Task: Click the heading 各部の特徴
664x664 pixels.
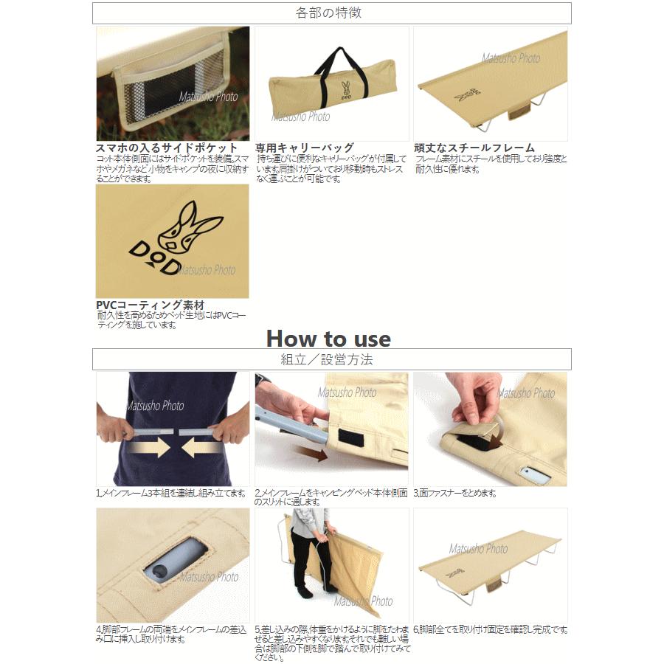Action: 331,13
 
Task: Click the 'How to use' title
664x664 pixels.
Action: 328,338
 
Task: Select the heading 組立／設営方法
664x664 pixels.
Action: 331,359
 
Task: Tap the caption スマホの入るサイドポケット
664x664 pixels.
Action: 167,148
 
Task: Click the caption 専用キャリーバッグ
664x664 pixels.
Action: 304,148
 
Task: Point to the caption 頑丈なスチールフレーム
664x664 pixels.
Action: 474,148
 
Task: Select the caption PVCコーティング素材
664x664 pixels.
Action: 150,305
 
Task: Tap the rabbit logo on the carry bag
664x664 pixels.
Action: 345,91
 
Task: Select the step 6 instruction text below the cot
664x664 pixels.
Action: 490,629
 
